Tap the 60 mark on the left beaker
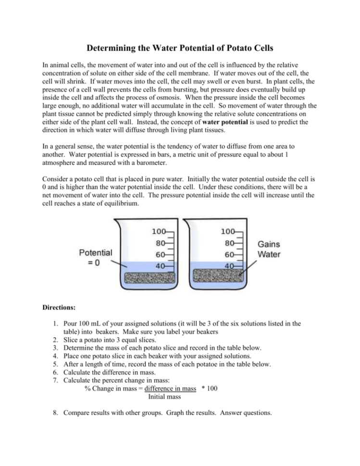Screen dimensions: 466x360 point(159,254)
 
